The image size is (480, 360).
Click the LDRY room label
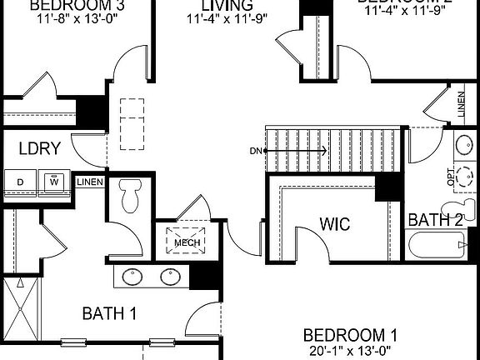pos(39,149)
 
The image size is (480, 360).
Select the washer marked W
pos(54,181)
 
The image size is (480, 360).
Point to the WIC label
pos(334,225)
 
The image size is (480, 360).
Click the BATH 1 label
pos(109,313)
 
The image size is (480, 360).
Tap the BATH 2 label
pos(435,220)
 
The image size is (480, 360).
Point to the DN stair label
pos(255,151)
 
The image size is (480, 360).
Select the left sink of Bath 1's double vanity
pos(132,277)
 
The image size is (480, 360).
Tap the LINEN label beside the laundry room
pos(89,182)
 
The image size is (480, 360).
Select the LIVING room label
pos(220,7)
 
